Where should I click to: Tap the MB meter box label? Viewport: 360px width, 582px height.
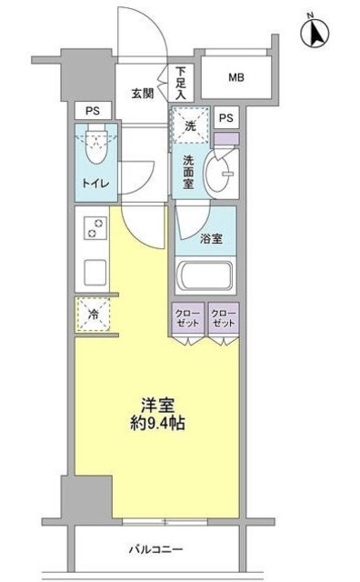pyautogui.click(x=235, y=78)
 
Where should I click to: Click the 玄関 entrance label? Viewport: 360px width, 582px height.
pyautogui.click(x=142, y=93)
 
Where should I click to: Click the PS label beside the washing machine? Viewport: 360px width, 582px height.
pyautogui.click(x=225, y=117)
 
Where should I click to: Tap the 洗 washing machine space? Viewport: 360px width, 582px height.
pyautogui.click(x=190, y=126)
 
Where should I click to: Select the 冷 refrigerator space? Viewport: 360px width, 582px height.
pyautogui.click(x=94, y=315)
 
